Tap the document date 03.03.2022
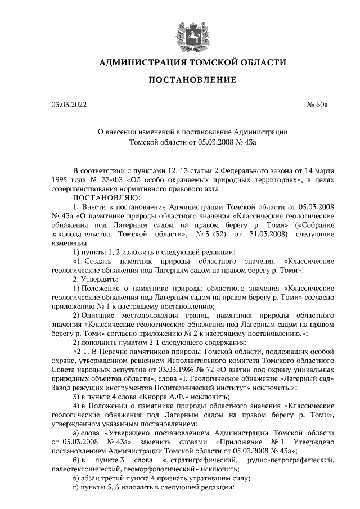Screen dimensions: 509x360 tap(69, 104)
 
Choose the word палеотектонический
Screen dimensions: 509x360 tap(84, 469)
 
